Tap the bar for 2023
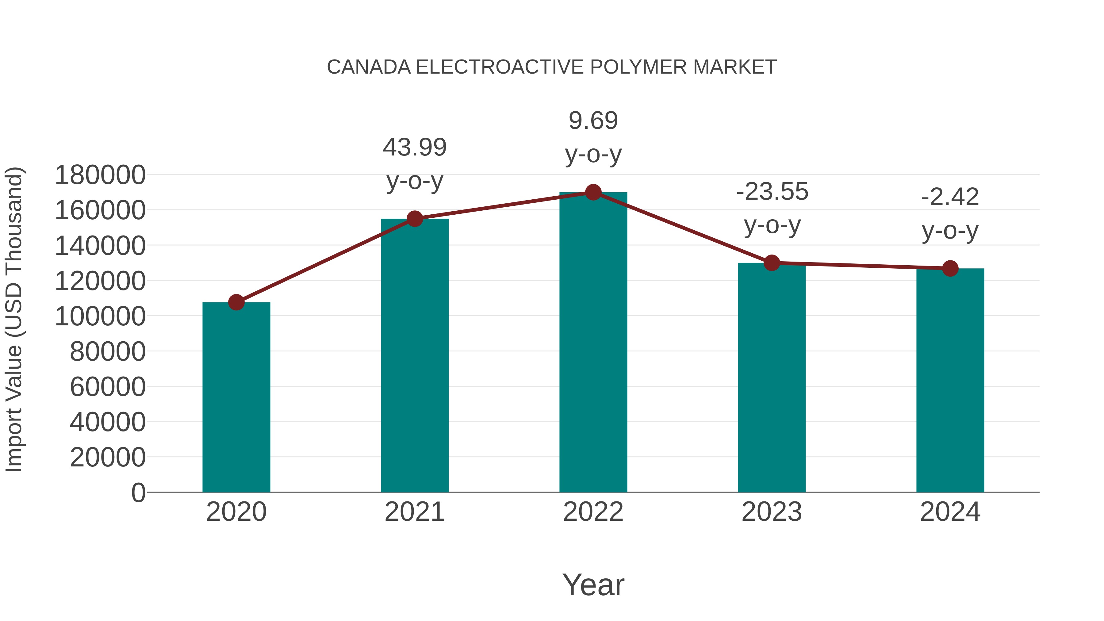(772, 377)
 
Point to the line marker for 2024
(950, 269)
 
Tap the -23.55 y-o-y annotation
(772, 208)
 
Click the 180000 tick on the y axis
(100, 175)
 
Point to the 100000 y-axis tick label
(100, 317)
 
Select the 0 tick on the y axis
(138, 493)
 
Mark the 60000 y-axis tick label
(108, 387)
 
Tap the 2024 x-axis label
(950, 512)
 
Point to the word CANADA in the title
(369, 67)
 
